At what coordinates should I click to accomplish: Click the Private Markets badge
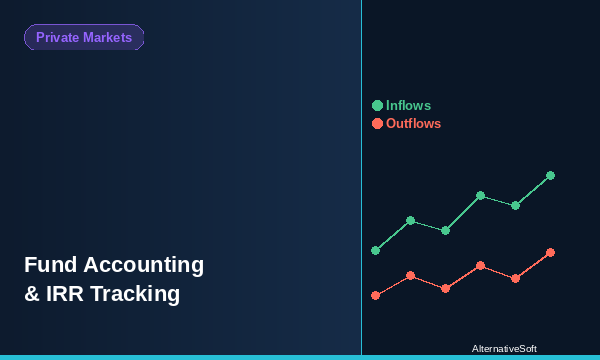coord(84,37)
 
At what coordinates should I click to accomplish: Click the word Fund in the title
coord(50,265)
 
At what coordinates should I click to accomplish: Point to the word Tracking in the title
coord(139,294)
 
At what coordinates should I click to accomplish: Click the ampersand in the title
coord(31,294)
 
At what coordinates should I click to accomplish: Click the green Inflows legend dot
coord(377,105)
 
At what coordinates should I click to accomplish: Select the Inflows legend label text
coord(408,105)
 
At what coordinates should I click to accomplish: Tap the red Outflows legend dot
coord(377,123)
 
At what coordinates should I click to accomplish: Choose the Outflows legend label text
coord(413,123)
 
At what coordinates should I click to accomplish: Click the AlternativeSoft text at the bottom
coord(504,349)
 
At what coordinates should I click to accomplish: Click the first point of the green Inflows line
coord(375,250)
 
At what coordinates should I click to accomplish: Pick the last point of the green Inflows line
coord(550,175)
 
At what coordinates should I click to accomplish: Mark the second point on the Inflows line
coord(410,220)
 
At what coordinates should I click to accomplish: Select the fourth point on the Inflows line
coord(480,195)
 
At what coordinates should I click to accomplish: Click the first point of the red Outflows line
coord(375,295)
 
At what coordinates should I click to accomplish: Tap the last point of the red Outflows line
coord(550,252)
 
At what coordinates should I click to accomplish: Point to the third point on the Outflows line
coord(445,288)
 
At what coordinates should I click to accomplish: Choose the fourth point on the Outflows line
coord(480,265)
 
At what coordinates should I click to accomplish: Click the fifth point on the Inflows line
coord(515,205)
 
